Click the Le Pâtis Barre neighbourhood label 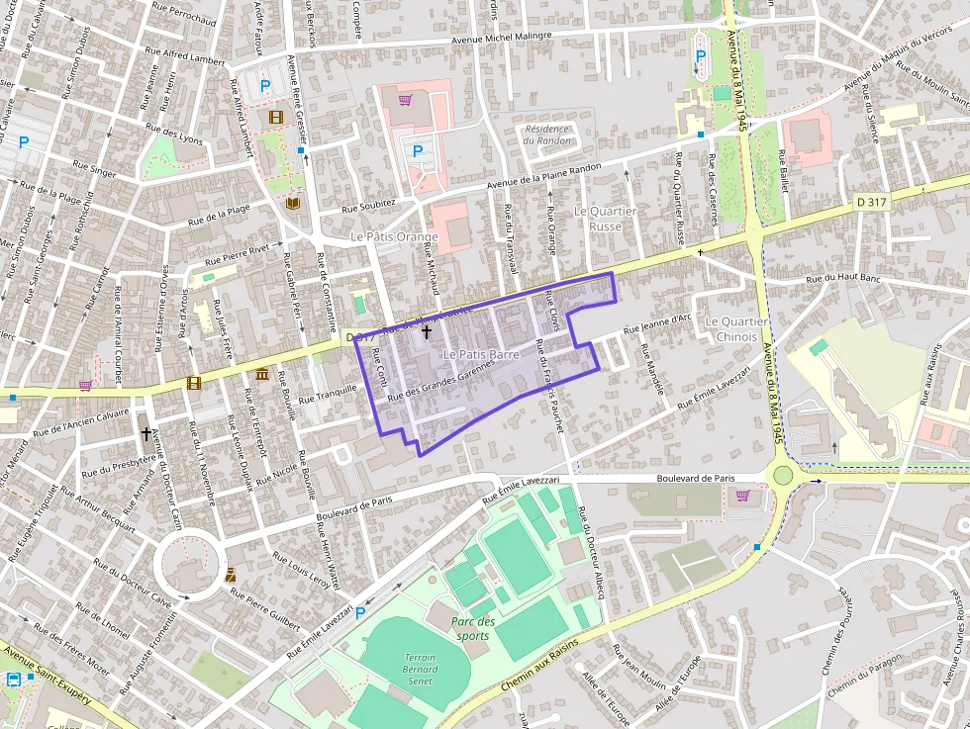481,354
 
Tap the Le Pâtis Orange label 394,238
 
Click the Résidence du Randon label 547,135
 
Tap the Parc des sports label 472,628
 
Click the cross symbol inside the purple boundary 427,332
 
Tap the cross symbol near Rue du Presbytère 146,433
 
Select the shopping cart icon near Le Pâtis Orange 405,100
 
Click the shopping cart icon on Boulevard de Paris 742,496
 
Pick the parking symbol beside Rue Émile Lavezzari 360,613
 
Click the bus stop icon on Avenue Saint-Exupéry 15,680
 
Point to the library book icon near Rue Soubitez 292,203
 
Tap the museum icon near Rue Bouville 261,375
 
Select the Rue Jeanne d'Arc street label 657,323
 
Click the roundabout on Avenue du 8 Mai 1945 783,475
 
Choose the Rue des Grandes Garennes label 439,381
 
